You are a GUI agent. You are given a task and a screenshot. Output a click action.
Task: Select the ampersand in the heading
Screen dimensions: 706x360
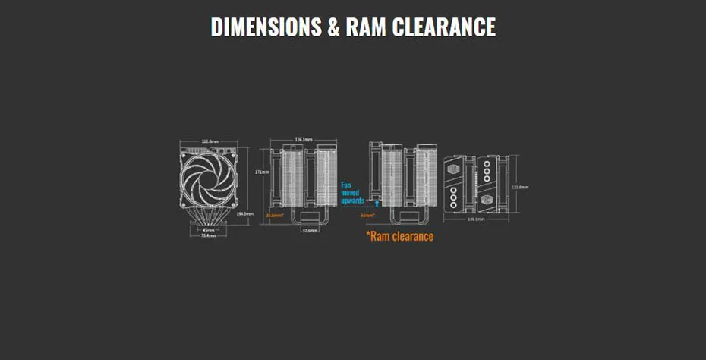pos(333,27)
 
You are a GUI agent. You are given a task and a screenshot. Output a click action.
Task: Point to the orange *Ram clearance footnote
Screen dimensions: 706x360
pos(400,236)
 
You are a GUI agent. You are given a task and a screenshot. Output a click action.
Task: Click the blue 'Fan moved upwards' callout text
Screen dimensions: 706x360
pos(352,193)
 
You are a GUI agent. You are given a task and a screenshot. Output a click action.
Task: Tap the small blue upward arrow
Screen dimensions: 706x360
pos(377,203)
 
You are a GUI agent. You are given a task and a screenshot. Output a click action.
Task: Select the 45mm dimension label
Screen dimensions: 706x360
pos(209,230)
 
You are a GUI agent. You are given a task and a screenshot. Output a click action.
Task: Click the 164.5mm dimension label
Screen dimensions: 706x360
pos(245,214)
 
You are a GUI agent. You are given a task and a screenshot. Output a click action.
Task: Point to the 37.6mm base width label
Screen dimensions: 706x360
pos(310,230)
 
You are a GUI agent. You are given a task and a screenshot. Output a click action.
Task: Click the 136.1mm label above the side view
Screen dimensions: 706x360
pos(304,140)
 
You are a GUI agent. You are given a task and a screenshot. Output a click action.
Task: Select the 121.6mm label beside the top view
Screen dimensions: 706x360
pos(520,186)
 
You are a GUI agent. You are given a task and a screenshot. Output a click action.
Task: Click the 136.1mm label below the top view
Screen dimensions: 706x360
pos(477,219)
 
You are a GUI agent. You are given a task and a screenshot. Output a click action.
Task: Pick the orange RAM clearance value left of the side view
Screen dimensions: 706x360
pos(274,216)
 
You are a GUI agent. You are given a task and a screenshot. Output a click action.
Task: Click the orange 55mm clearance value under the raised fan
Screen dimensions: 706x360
pos(367,216)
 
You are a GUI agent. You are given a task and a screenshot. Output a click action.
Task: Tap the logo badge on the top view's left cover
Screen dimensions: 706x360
pos(454,168)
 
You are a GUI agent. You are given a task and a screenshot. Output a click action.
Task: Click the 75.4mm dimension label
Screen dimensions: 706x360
pos(209,236)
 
